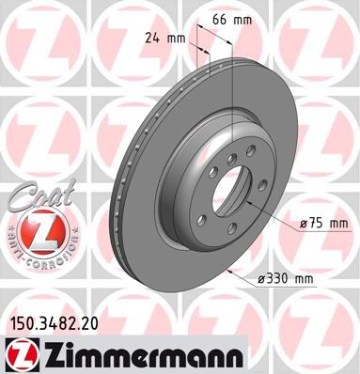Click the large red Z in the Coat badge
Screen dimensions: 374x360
point(38,230)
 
